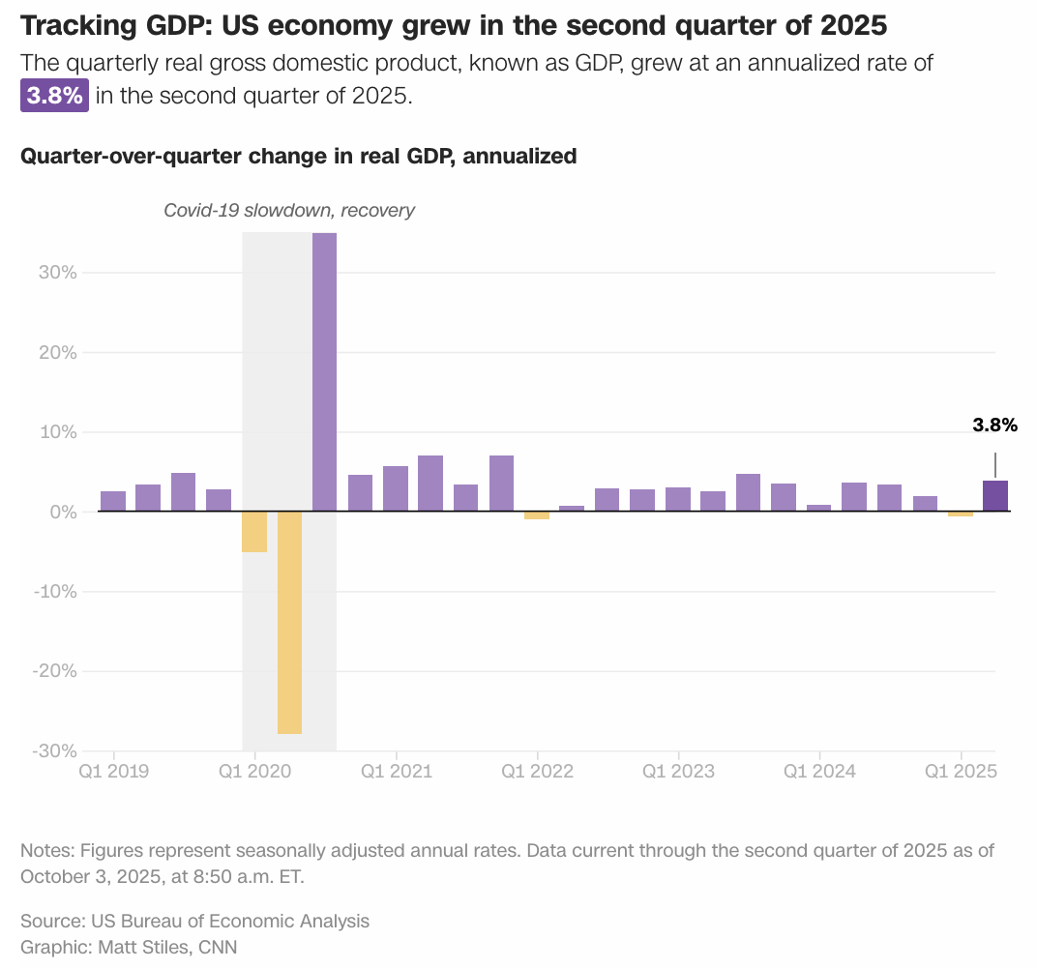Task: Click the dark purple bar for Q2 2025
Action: coord(994,496)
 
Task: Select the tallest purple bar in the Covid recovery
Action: coord(324,372)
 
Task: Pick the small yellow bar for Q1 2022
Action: coord(536,515)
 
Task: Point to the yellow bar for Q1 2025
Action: coord(960,514)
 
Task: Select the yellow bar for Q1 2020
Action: coord(253,531)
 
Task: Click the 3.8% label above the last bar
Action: coord(994,424)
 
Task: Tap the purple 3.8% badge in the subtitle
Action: coord(54,97)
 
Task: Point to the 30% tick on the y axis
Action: coord(58,273)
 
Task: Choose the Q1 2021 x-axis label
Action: coord(396,771)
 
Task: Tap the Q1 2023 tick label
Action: coord(678,771)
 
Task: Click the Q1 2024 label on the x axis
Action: coord(819,771)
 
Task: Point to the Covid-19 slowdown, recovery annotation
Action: coord(288,210)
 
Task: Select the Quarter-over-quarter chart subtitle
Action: coord(298,156)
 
